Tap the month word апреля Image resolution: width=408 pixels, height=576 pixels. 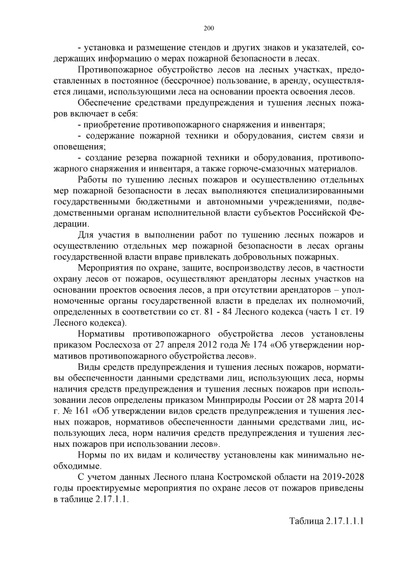click(159, 344)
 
